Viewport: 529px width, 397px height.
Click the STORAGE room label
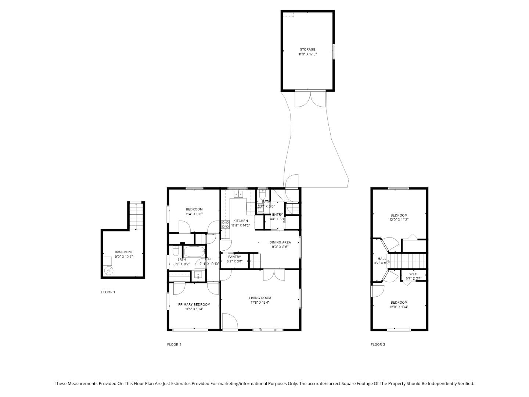307,49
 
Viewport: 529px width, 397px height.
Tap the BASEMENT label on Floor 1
123,252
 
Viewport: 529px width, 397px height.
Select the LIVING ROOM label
260,298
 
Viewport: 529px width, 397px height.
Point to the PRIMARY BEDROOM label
194,304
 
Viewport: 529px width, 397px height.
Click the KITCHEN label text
241,221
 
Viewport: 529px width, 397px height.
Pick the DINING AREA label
280,242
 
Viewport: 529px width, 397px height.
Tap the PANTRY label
234,257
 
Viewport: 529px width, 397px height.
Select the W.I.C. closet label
414,274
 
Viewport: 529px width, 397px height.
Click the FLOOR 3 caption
378,344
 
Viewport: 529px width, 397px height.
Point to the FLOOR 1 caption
108,292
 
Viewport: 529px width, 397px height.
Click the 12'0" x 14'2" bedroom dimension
399,219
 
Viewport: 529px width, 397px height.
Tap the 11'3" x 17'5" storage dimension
307,54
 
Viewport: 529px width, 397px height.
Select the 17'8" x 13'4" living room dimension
260,303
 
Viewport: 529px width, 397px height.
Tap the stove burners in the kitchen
225,224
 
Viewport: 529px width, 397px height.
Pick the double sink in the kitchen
239,194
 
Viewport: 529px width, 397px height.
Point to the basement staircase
136,215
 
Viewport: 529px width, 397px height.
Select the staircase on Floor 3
408,261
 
